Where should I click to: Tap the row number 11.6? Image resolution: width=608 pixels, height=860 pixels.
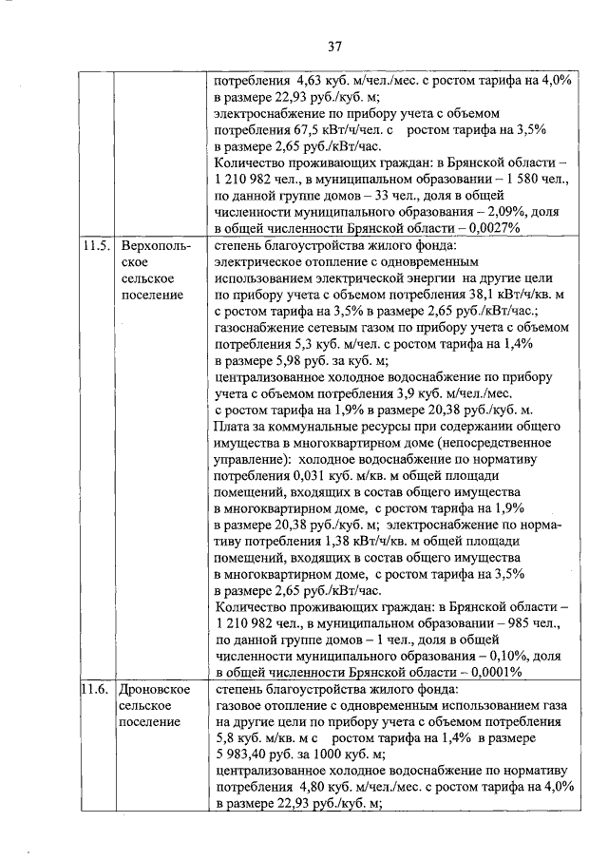(x=95, y=688)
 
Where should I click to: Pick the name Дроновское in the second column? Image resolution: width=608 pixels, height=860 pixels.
(x=156, y=688)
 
